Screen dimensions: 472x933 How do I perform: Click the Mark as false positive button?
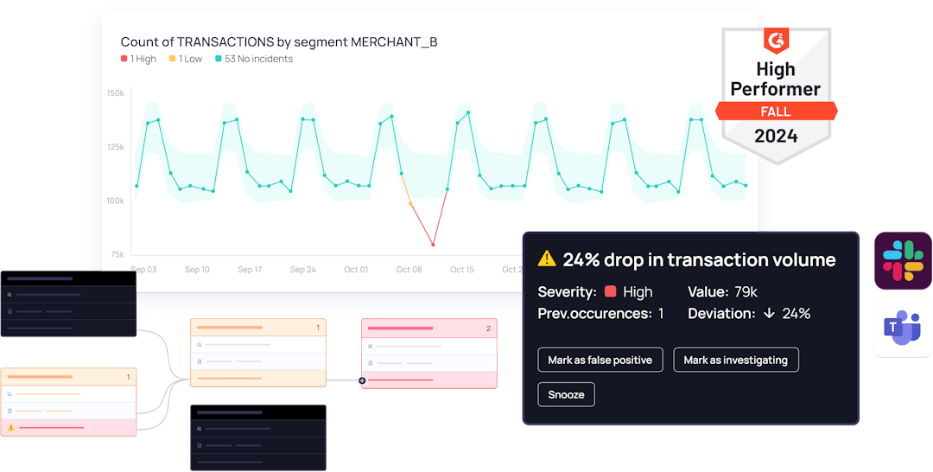[600, 360]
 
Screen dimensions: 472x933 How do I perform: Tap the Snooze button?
[566, 394]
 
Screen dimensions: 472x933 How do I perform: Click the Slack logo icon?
[903, 261]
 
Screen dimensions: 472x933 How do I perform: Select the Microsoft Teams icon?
[903, 328]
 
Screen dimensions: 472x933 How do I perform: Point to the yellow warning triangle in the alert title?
[547, 258]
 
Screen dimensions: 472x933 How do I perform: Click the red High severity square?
[611, 292]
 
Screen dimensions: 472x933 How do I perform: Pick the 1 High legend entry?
[139, 59]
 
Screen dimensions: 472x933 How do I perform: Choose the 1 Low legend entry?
[186, 59]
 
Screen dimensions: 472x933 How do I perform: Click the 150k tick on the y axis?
[115, 92]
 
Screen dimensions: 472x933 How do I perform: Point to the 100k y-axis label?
[115, 201]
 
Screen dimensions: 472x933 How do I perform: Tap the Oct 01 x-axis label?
[356, 270]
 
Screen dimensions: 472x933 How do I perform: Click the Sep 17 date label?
[250, 270]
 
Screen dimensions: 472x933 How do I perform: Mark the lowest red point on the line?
[433, 245]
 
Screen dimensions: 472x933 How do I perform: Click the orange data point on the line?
[410, 204]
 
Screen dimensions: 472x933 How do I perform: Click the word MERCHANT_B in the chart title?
[394, 41]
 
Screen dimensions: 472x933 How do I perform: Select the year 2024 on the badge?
[776, 136]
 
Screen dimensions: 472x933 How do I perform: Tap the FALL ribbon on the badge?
[776, 112]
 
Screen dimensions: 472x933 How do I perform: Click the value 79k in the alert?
[746, 292]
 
